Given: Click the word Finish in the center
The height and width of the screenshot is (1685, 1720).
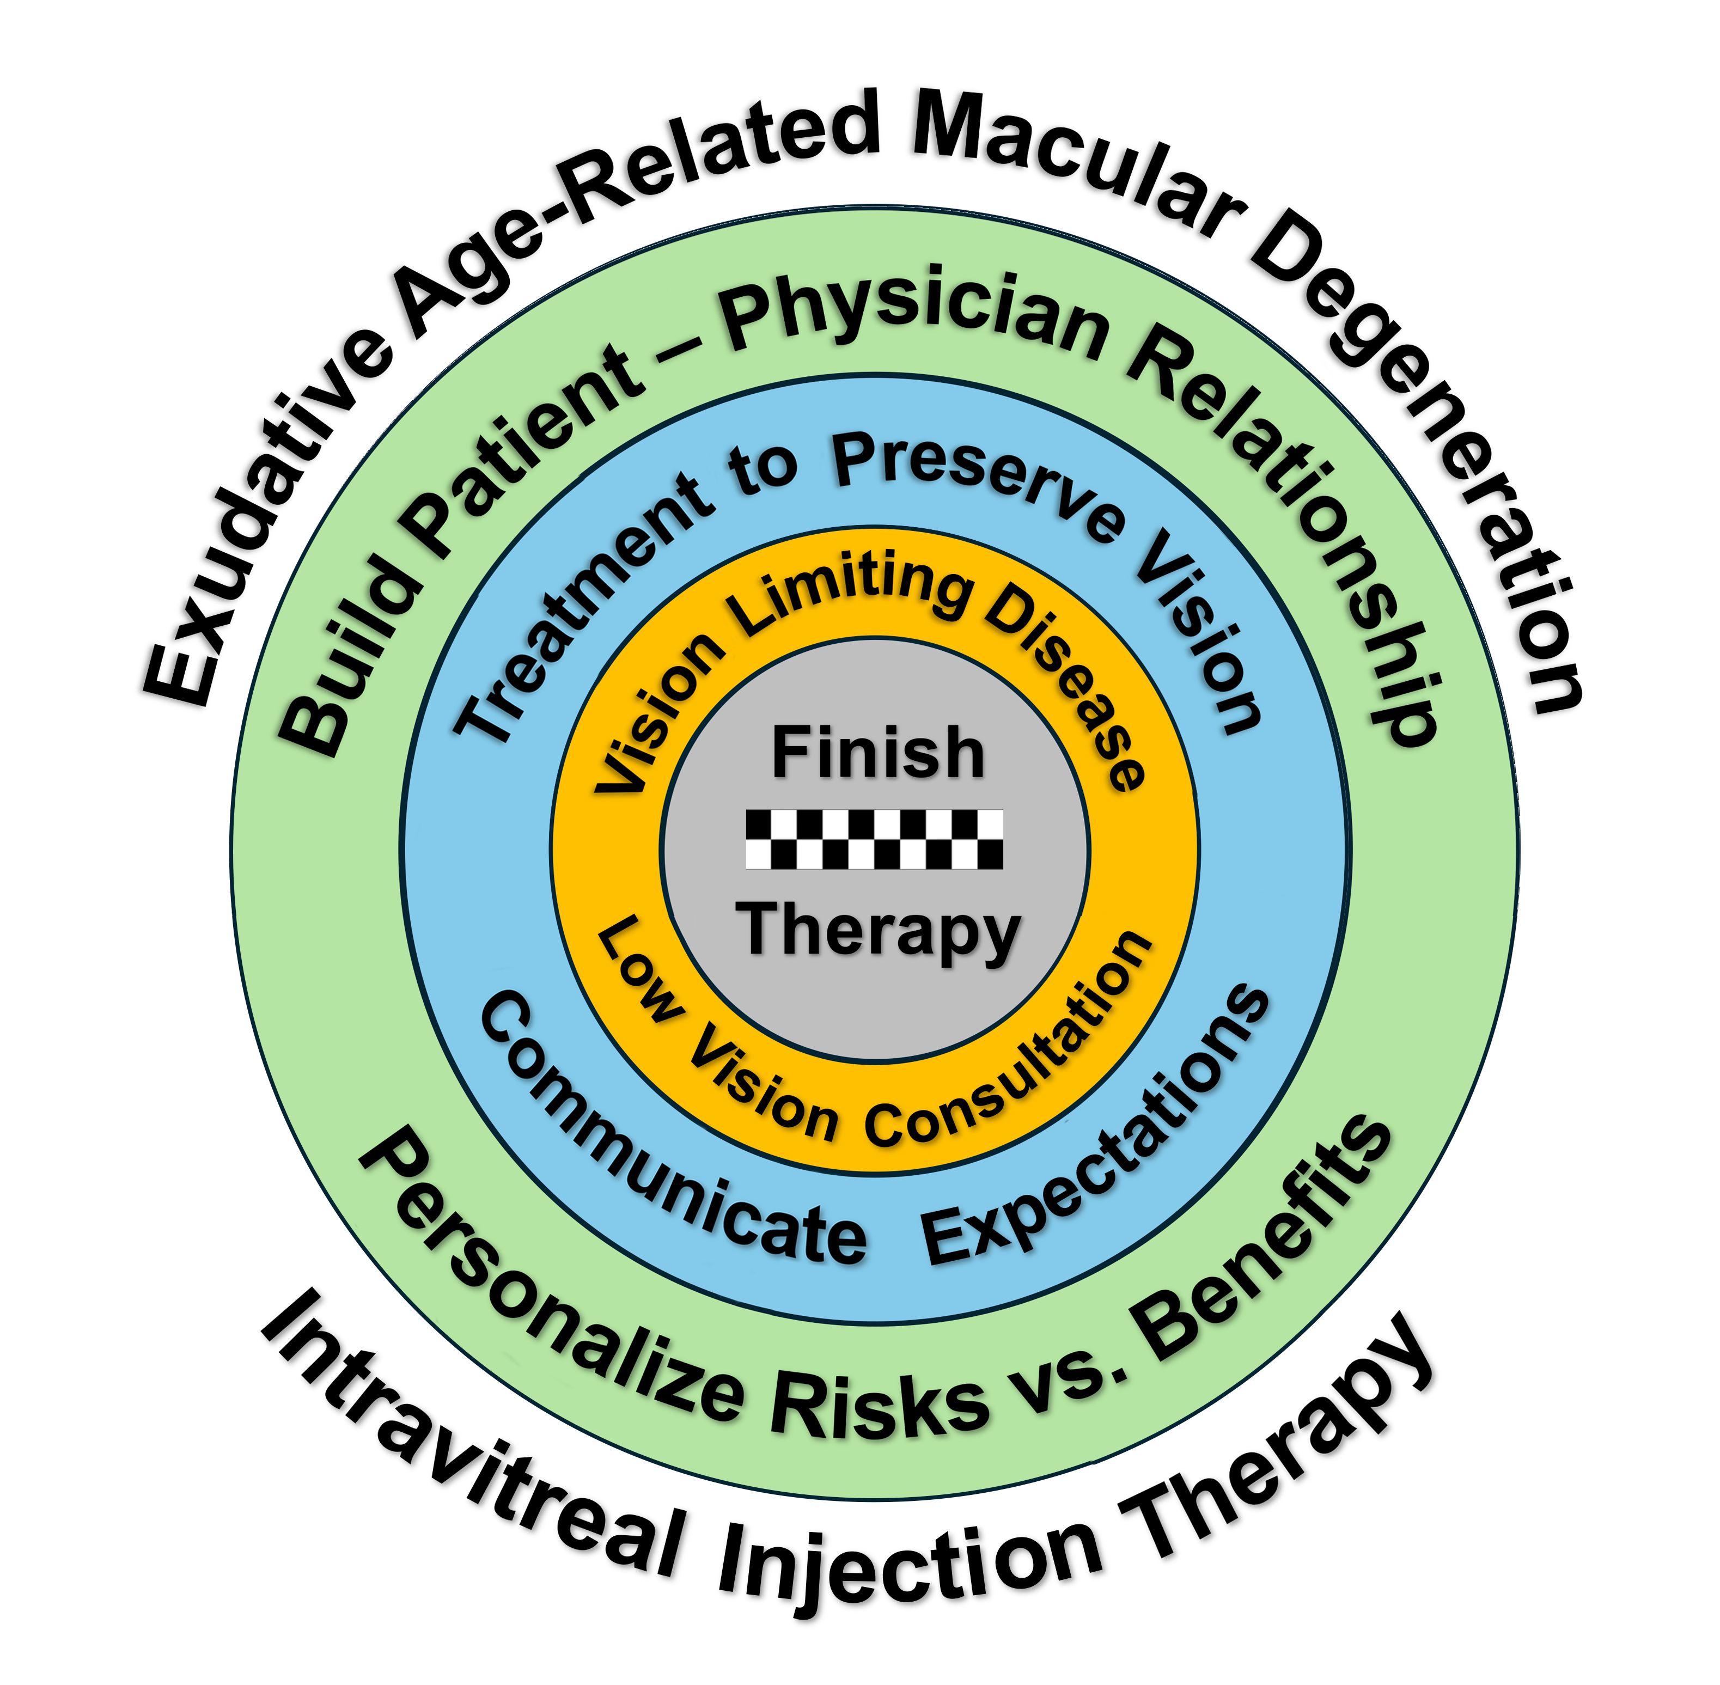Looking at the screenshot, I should click(x=877, y=753).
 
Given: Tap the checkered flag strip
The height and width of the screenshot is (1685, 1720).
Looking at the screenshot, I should click(x=875, y=839).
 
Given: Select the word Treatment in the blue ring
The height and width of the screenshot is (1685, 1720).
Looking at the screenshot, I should click(x=575, y=602).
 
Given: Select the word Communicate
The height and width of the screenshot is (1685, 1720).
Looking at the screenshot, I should click(x=655, y=1141).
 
